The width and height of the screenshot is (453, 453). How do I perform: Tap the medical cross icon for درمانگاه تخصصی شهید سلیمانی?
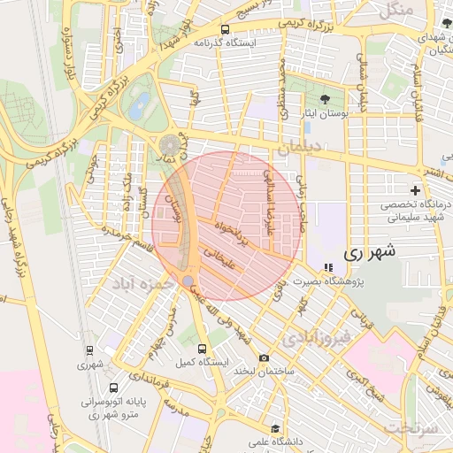pos(415,191)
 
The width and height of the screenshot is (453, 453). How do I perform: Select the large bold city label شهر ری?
pos(366,253)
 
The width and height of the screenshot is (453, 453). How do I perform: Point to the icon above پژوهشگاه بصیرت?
pos(328,267)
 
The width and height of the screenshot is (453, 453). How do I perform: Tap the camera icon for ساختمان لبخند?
pos(264,357)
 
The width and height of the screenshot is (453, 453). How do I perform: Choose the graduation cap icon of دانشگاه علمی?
pos(275,429)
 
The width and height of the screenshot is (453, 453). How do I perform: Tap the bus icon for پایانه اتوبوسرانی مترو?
pos(113,388)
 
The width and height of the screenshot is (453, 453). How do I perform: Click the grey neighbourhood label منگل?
pos(395,12)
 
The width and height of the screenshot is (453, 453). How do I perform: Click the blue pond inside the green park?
pos(138,108)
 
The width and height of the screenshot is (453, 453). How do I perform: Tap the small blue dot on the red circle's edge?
pos(188,280)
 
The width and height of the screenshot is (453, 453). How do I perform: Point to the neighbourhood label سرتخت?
pos(411,427)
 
